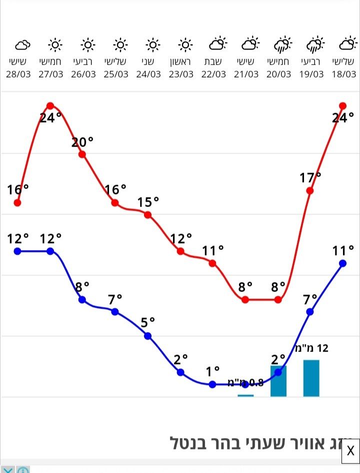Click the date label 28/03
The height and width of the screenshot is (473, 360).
18,74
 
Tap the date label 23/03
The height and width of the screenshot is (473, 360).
181,74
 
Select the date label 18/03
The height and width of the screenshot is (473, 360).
343,74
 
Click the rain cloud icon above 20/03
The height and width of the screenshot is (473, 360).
282,45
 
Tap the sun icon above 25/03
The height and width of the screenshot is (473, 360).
120,45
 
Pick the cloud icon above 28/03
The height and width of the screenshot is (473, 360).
22,45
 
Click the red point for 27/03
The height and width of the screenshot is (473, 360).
50,105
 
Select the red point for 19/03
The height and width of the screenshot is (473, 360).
310,190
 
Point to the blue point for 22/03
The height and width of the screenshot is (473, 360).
212,384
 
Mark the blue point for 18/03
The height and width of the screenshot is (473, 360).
343,263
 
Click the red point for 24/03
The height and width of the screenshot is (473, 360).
148,214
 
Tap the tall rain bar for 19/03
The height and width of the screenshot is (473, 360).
311,378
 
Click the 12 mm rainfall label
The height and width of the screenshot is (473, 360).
312,348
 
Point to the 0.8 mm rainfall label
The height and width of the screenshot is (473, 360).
245,383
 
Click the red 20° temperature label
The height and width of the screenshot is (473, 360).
82,142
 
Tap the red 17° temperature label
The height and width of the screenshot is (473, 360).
310,177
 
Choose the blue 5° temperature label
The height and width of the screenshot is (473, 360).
147,322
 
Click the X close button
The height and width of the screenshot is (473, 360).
350,450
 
